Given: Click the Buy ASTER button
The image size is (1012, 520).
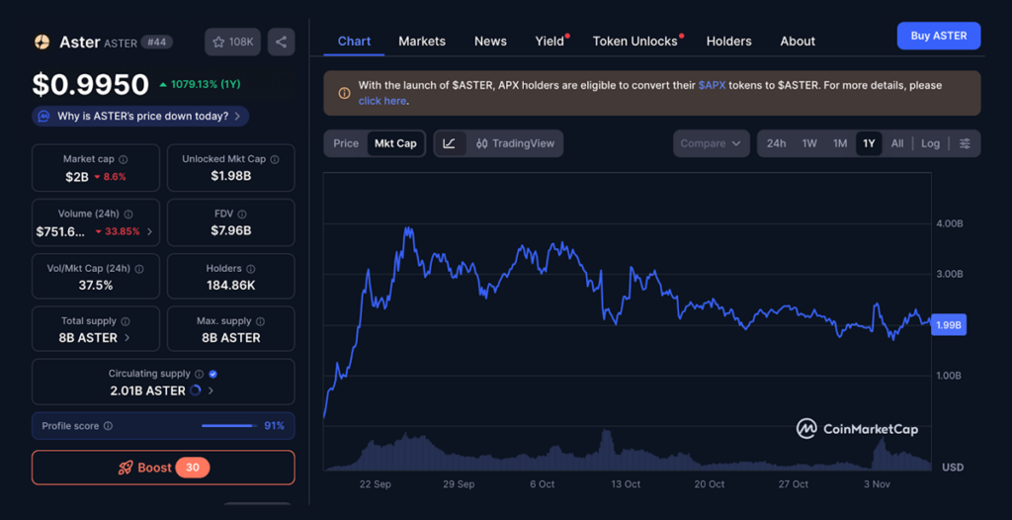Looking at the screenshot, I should click(x=938, y=36).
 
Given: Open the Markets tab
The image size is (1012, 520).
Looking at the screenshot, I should click(x=422, y=42).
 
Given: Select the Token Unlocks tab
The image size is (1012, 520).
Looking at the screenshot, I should click(x=634, y=42).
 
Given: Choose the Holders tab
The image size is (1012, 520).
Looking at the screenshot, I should click(x=728, y=42).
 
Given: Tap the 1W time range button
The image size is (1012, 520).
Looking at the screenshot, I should click(x=809, y=143).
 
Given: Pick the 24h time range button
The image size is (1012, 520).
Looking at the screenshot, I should click(x=776, y=143).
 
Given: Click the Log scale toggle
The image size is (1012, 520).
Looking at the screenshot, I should click(x=930, y=143).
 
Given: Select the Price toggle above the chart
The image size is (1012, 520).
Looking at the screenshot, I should click(x=346, y=143).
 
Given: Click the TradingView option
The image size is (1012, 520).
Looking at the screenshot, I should click(x=514, y=143).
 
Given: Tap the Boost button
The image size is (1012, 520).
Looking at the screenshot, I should click(x=163, y=468).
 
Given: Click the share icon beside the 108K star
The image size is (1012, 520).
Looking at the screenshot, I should click(x=282, y=42).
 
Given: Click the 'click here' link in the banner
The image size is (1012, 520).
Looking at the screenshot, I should click(x=382, y=101).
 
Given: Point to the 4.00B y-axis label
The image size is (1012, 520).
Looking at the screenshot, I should click(x=949, y=223).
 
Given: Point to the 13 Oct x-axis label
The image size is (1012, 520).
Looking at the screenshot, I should click(x=626, y=484).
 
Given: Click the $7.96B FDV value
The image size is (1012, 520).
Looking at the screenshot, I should click(x=230, y=230).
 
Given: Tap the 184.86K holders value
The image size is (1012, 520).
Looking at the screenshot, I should click(x=230, y=285).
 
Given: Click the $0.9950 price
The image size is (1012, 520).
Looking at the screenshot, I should click(x=90, y=85).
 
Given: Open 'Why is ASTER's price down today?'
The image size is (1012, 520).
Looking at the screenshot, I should click(x=140, y=117).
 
